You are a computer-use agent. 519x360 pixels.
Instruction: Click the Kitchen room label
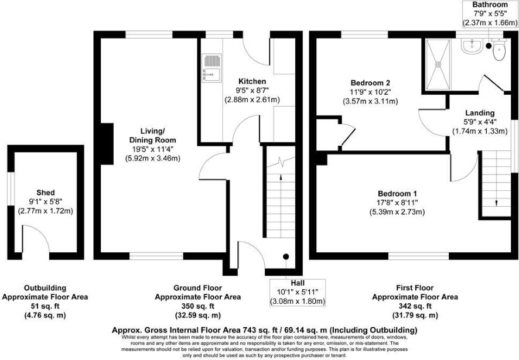coord(252,81)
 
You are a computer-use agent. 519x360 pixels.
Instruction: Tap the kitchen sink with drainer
coord(211,68)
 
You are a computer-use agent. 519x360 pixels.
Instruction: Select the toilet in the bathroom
coord(499,50)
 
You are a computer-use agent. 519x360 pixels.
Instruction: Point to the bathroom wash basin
coord(472,46)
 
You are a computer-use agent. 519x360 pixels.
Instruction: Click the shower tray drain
coord(438,64)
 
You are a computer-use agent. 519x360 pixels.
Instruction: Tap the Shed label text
coord(46,193)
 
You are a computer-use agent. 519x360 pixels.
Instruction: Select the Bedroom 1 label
coord(397,193)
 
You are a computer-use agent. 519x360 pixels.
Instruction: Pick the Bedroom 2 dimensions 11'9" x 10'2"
coord(370,92)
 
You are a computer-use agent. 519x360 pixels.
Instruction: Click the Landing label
coord(480,113)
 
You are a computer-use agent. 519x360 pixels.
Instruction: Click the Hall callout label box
coord(298,293)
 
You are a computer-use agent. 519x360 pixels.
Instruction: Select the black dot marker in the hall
coord(286,256)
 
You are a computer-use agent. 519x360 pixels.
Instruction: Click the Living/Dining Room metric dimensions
coord(152,158)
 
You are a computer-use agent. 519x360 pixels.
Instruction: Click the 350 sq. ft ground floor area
coord(198,306)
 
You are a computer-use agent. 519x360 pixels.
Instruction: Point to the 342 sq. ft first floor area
coord(415,306)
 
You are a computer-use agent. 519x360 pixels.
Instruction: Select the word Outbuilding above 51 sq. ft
coord(45,288)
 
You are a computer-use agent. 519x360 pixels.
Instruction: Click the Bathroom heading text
coord(490,5)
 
